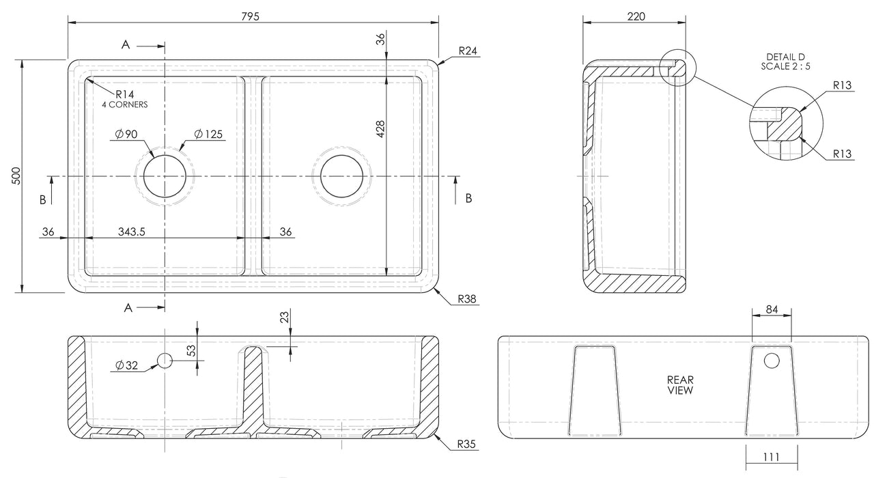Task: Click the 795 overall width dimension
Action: click(x=250, y=16)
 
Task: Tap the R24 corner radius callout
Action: click(x=468, y=51)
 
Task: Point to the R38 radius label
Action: click(x=467, y=299)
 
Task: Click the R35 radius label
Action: click(x=467, y=445)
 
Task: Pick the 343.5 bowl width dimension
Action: click(x=132, y=232)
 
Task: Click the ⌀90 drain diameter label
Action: click(x=128, y=135)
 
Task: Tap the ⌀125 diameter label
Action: click(x=208, y=135)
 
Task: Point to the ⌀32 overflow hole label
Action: click(x=128, y=366)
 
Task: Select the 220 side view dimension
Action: click(x=636, y=16)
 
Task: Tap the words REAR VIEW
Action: click(x=680, y=385)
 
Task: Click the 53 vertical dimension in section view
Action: click(x=192, y=351)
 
